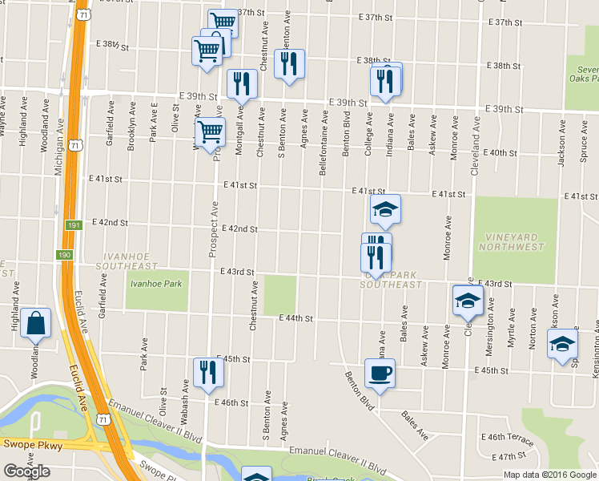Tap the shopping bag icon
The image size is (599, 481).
coord(36,322)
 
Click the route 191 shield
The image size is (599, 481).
coord(70,227)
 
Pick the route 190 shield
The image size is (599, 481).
coord(64,255)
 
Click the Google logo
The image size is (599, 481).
coord(26,471)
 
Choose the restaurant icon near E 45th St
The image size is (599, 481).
coord(205,372)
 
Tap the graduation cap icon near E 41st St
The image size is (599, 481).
coord(385,208)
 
